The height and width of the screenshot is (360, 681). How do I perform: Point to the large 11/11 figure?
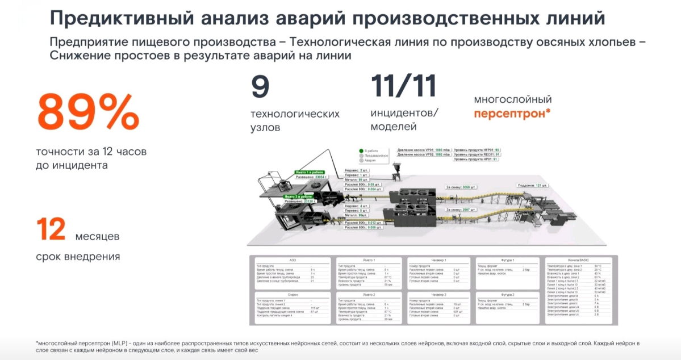pos(403,86)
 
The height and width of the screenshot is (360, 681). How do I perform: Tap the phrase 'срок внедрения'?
pos(78,256)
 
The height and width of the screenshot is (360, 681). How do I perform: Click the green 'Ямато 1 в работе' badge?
pos(310,171)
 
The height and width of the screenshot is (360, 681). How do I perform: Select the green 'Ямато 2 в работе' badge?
pos(300,196)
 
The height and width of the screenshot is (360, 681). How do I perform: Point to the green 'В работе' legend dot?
pos(361,150)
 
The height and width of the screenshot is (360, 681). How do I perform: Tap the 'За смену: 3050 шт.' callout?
pos(461,186)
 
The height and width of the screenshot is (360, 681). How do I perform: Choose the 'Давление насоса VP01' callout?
pos(423,149)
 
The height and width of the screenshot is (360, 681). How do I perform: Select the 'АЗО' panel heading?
pos(293,260)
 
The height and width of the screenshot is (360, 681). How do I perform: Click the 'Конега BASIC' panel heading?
pos(578,260)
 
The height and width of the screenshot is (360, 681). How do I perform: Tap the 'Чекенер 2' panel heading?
pos(438,295)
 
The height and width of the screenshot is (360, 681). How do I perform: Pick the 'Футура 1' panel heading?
pos(507,260)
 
